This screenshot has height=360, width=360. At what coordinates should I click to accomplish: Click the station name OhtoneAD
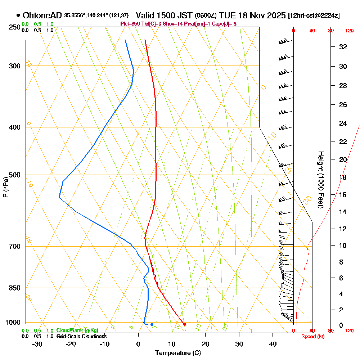coord(42,15)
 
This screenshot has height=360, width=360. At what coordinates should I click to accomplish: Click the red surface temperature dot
coord(185,324)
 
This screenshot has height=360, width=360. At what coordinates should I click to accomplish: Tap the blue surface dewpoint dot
coord(152,324)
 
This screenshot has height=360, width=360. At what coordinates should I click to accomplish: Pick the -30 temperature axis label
coord(37,344)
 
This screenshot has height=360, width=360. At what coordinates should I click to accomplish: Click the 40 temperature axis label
coord(273,344)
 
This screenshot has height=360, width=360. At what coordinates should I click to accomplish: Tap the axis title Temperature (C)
coord(178,353)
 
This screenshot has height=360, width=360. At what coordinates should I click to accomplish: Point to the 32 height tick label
coord(343,47)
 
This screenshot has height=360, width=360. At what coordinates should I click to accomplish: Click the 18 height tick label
coord(343,177)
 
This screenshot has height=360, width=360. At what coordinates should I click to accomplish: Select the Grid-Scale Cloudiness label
coord(81,336)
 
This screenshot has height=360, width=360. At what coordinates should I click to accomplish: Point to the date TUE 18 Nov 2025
coord(252,15)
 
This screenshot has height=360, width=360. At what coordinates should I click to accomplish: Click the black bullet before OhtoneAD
coord(18,15)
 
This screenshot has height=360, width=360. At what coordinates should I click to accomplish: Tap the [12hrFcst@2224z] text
coord(314,16)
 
